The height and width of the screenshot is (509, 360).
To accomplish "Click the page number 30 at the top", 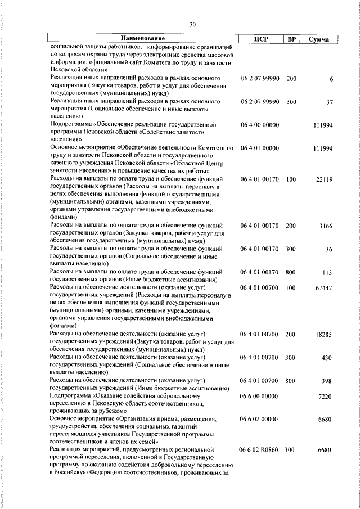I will (192, 25).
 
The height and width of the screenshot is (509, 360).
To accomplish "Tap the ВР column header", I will (291, 39).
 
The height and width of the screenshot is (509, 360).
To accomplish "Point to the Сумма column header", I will (319, 39).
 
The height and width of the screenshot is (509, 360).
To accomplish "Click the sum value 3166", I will (326, 226).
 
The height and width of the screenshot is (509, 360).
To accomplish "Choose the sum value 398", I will (327, 381).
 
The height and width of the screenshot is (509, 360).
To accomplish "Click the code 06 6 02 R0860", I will (259, 450).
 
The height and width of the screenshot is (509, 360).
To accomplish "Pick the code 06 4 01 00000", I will (259, 148).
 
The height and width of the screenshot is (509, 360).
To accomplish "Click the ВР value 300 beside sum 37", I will (291, 102).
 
